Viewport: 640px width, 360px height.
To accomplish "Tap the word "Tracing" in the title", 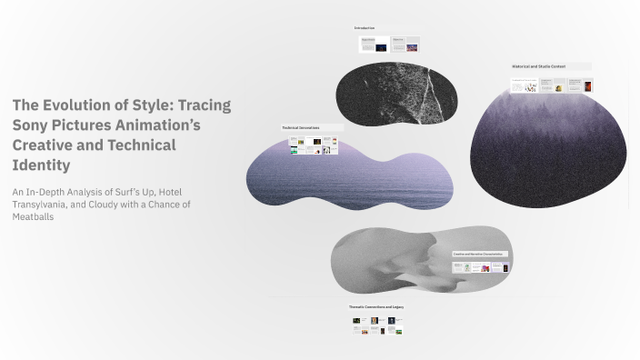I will pos(206,105).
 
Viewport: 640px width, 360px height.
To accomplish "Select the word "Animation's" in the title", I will pos(155,125).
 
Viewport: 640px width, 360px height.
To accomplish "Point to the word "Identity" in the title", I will pos(41,165).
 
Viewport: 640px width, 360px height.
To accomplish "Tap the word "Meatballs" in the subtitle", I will pos(33,217).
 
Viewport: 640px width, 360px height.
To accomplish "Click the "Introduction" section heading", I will pos(365,28).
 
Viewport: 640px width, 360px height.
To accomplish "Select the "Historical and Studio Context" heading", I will pos(539,66).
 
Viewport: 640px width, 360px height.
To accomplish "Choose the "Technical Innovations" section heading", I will pos(300,128).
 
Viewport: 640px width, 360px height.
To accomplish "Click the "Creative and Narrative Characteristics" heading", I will pos(478,254).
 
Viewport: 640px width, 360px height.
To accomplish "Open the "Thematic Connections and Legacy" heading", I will pos(376,307).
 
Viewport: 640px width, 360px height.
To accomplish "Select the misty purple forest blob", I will pos(548,136).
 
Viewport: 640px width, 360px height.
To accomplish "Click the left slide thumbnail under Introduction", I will pos(374,45).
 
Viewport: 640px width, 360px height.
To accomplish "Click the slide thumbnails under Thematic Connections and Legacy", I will pos(377,325).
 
